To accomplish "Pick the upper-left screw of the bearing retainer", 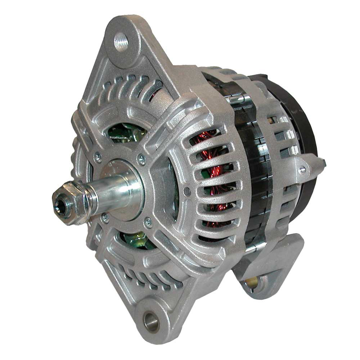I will click(97, 157).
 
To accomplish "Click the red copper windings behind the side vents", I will click(212, 173).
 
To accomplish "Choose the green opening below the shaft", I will click(135, 239).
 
